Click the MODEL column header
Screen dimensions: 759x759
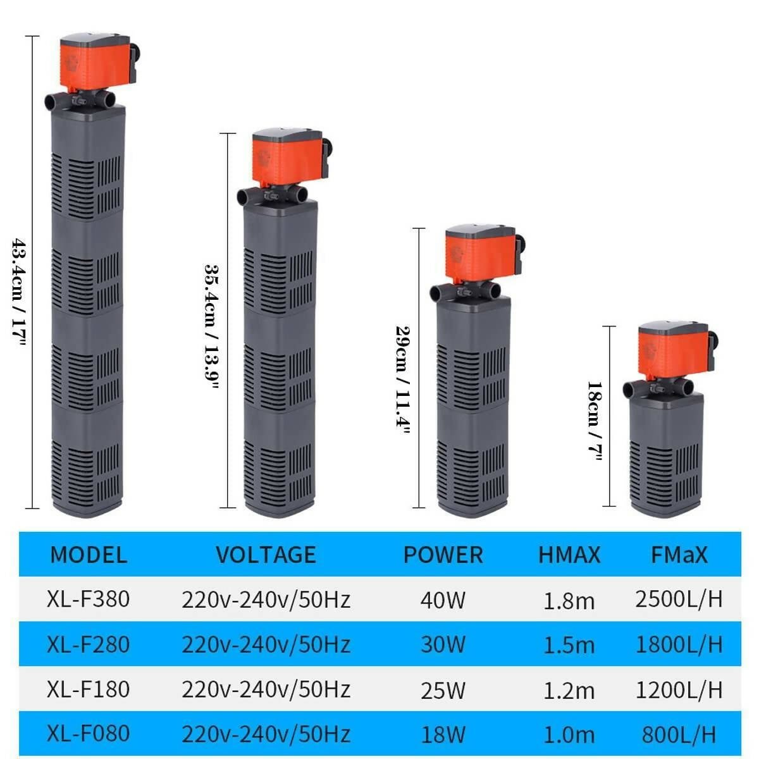[x=89, y=555]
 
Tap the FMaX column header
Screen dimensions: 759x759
[x=679, y=555]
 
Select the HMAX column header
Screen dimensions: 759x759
[x=569, y=555]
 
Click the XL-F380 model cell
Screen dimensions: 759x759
[x=88, y=599]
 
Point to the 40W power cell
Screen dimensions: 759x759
[x=443, y=600]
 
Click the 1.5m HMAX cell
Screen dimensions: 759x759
[x=569, y=646]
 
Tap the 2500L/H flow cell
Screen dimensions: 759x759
[x=679, y=599]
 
